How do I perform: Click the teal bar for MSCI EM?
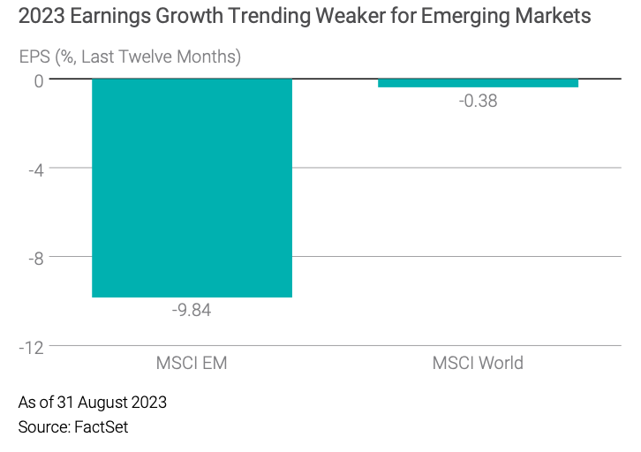pyautogui.click(x=192, y=187)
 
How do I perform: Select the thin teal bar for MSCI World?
pyautogui.click(x=478, y=83)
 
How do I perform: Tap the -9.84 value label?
pyautogui.click(x=192, y=311)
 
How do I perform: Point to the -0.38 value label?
pyautogui.click(x=478, y=101)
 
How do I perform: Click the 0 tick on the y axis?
pyautogui.click(x=38, y=79)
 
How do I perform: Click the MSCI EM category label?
pyautogui.click(x=192, y=363)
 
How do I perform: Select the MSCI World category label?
pyautogui.click(x=478, y=363)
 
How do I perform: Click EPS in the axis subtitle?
pyautogui.click(x=35, y=57)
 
